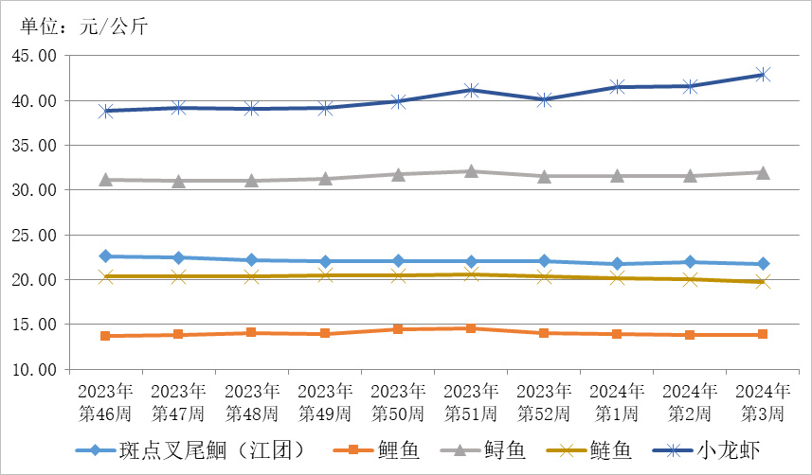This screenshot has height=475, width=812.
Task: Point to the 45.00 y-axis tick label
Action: tap(34, 56)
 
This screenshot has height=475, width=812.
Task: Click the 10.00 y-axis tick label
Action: tap(34, 370)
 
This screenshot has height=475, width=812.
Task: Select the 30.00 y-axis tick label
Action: tap(34, 190)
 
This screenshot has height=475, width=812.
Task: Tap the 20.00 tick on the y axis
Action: tap(34, 280)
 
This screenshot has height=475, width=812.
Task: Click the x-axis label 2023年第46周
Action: tap(105, 402)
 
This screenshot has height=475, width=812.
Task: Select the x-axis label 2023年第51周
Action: tap(471, 402)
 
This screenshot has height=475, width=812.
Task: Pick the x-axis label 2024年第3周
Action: tap(762, 402)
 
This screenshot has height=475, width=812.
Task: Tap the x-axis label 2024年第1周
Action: tap(617, 402)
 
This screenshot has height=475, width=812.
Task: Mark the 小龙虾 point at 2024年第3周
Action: tap(762, 74)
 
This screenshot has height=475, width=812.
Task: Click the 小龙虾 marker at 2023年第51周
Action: tap(471, 90)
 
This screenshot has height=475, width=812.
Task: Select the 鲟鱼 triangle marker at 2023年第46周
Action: tap(105, 179)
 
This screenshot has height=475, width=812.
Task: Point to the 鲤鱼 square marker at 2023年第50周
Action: tap(398, 329)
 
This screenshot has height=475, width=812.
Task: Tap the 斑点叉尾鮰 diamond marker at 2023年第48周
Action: tap(251, 260)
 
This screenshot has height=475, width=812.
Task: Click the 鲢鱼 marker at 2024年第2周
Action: tap(690, 279)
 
